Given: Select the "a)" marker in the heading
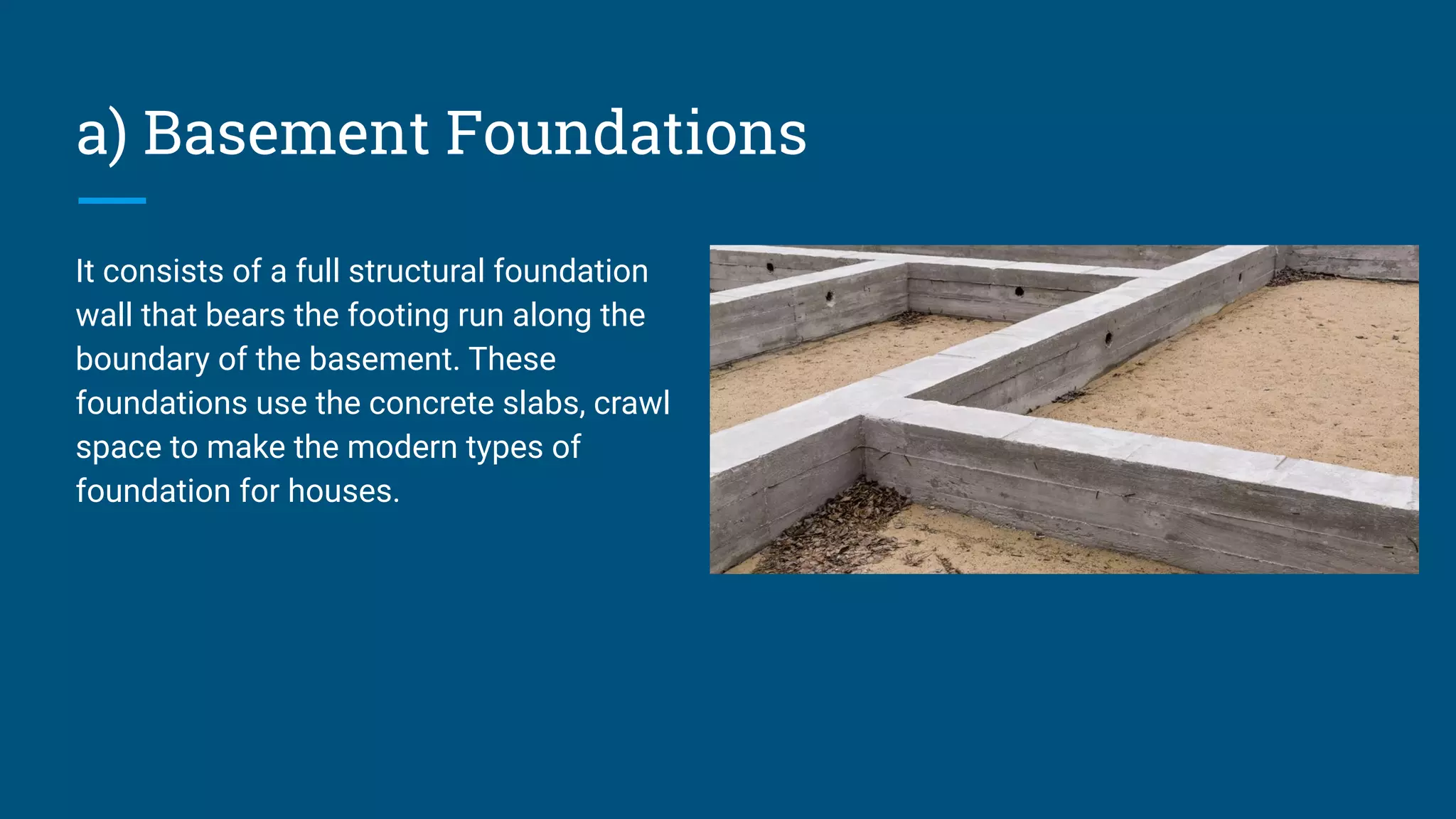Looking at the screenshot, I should coord(101,135).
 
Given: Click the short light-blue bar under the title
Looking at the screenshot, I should coord(112,201).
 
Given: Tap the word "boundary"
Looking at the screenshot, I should coord(142,360).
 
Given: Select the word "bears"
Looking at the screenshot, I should coord(245,316).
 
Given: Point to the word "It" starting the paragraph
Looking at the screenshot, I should coord(85,272).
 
